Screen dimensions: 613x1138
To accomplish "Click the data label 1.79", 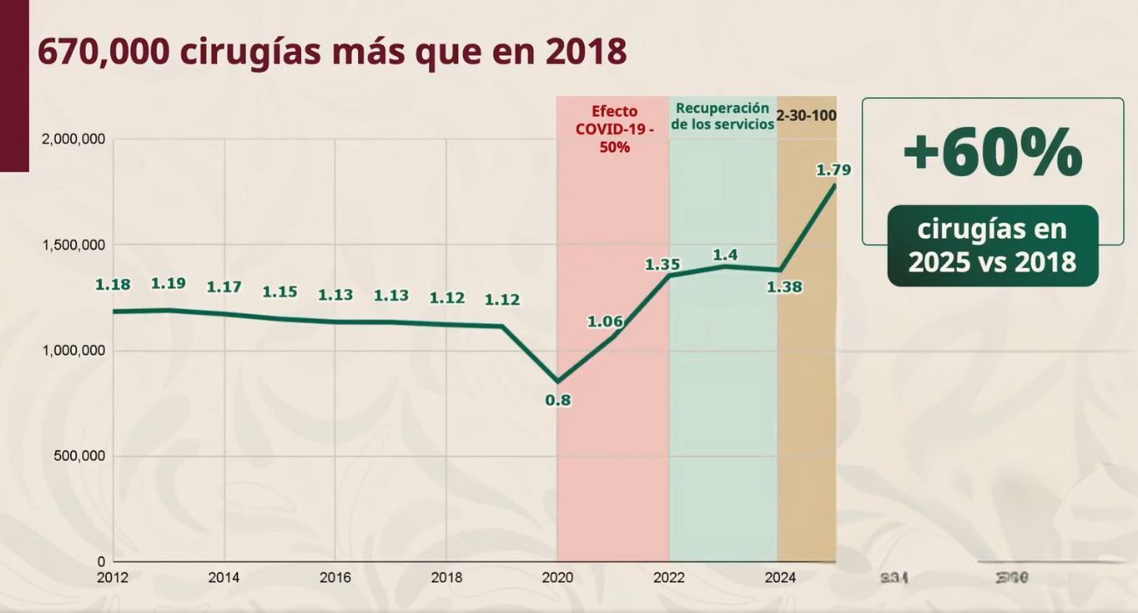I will click(833, 170).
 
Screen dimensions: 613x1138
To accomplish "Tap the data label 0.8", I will click(558, 401).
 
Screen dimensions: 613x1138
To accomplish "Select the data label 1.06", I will click(605, 321).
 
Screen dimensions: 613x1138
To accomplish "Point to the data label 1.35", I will click(663, 264).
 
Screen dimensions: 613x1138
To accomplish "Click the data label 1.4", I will click(725, 255).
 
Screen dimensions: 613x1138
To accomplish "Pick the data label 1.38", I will click(784, 286).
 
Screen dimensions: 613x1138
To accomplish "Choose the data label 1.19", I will click(169, 283).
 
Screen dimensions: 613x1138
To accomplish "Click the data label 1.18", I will click(113, 285).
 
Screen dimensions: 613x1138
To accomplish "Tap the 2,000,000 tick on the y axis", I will click(74, 139).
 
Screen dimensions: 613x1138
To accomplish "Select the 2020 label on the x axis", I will click(558, 578).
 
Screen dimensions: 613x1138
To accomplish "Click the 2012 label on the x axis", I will click(113, 578).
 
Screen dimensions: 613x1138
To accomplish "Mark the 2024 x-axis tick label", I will click(780, 578).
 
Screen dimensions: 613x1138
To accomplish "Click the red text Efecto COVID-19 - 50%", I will click(615, 129).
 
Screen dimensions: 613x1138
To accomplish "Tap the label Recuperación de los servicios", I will click(723, 116).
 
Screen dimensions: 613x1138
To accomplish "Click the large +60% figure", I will click(992, 153).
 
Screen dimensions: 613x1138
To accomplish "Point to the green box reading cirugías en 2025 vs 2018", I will click(992, 246).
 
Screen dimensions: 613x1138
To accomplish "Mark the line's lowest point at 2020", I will click(558, 381).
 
